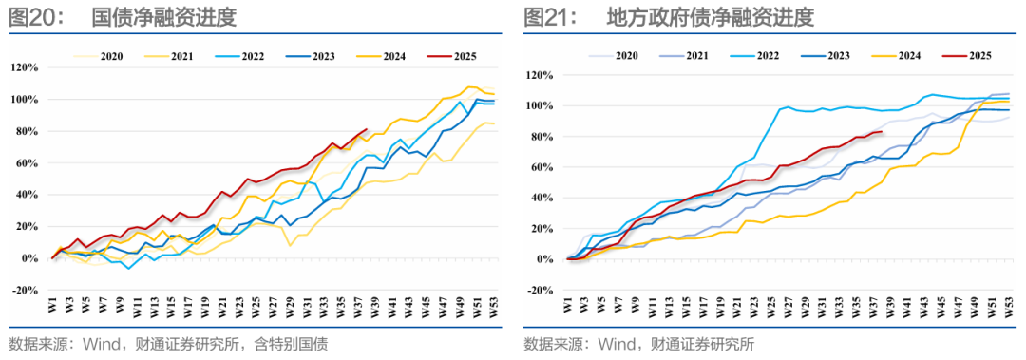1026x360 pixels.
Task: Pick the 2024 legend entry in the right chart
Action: coord(888,57)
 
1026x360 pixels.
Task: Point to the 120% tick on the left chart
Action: coord(25,67)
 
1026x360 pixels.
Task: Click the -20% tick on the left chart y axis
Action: coord(25,290)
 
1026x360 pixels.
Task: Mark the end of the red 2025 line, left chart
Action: coord(367,129)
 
